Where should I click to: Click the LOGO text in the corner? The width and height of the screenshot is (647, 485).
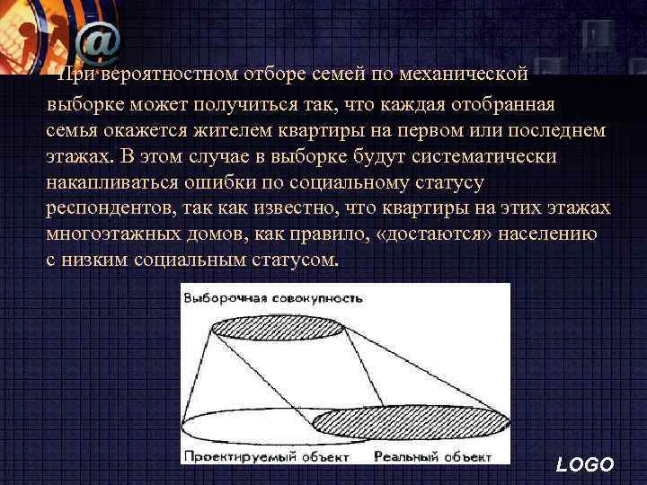pyautogui.click(x=585, y=464)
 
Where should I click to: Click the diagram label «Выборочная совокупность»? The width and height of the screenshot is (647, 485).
pyautogui.click(x=272, y=297)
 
